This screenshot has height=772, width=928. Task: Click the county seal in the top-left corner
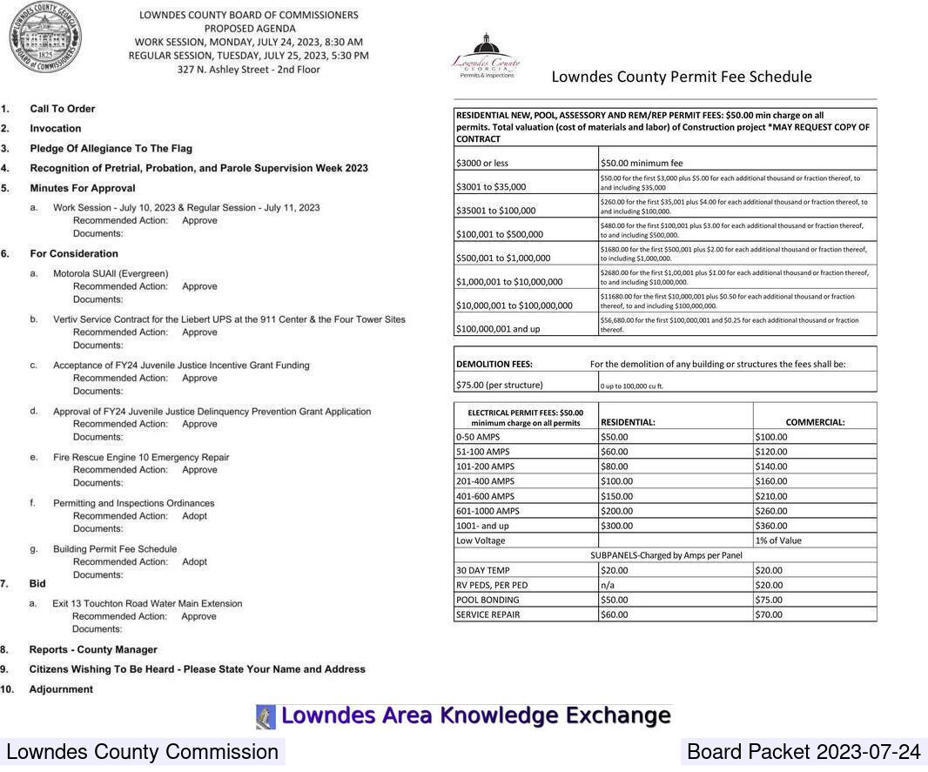[x=45, y=37]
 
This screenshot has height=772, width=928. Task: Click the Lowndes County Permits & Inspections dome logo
[x=486, y=55]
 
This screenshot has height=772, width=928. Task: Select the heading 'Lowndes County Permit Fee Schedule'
[x=681, y=77]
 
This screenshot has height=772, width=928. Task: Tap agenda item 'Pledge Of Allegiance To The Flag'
[x=111, y=149]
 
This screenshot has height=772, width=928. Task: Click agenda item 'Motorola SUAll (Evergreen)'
[x=111, y=273]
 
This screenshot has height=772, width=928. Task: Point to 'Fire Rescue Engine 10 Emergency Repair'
[x=141, y=458]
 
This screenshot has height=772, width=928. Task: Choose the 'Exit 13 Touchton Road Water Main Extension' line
[x=147, y=603]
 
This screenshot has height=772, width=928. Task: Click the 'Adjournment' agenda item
[x=61, y=689]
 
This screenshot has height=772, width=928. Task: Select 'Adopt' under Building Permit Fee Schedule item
[x=194, y=562]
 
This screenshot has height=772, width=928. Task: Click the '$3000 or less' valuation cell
[x=482, y=163]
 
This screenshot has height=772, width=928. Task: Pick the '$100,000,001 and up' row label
[x=498, y=329]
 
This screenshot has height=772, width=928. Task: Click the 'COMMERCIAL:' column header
[x=815, y=422]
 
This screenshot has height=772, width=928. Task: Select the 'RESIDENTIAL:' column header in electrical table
[x=628, y=422]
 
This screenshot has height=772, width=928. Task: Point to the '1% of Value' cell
[x=778, y=540]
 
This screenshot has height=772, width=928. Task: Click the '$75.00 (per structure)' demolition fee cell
[x=500, y=385]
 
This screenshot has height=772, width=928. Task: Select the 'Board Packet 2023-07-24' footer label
[x=803, y=752]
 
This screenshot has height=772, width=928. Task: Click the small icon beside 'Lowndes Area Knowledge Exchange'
[x=266, y=716]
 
